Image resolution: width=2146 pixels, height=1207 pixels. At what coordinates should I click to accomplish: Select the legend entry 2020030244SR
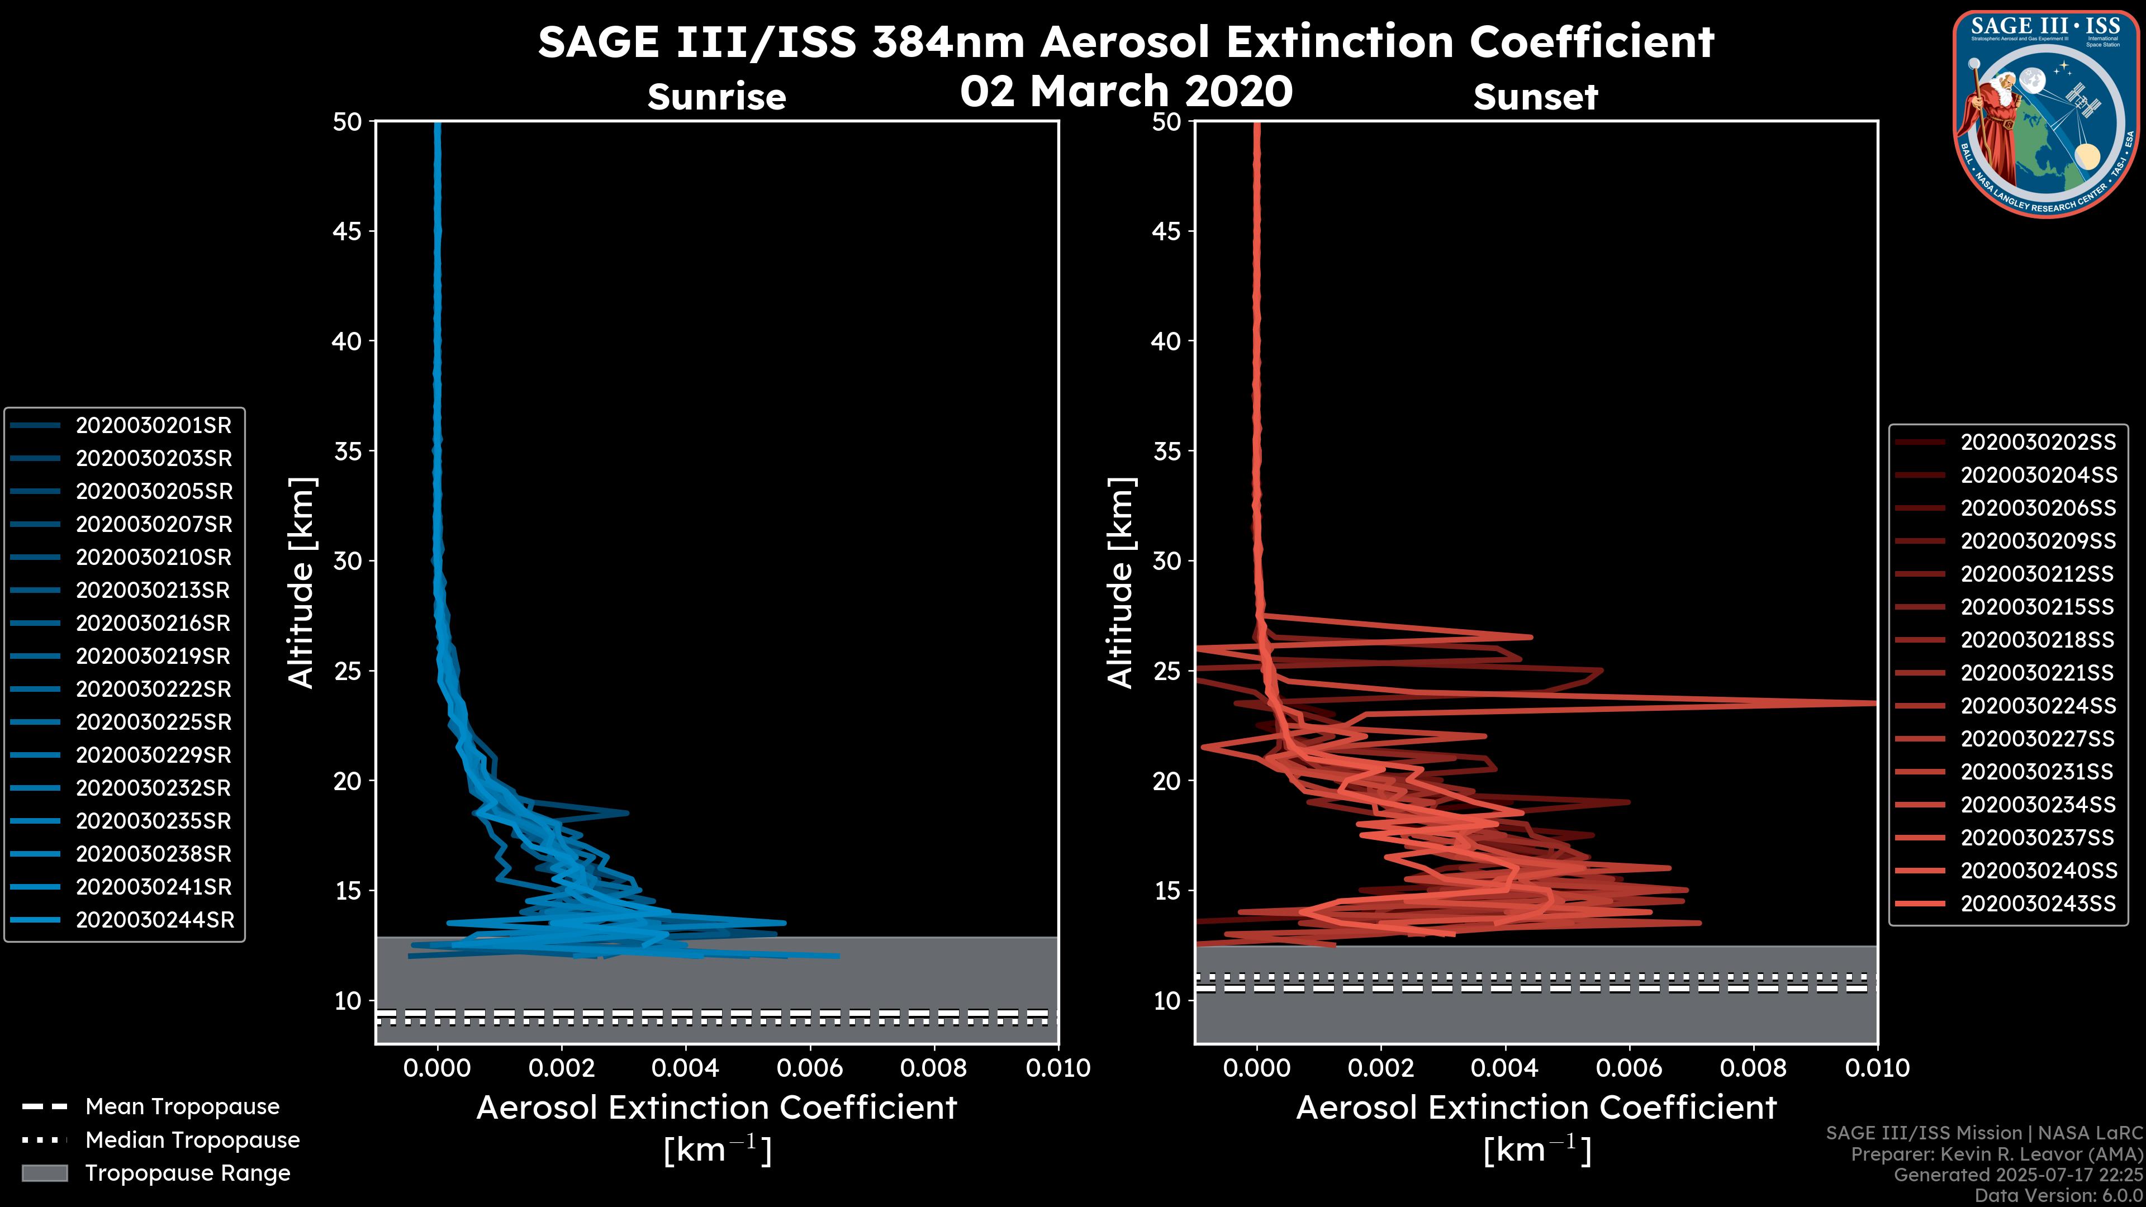pos(155,920)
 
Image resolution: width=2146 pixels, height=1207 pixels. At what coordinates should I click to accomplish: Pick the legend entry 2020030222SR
pos(153,690)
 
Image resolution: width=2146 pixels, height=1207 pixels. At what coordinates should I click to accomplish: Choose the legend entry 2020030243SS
pos(2038,904)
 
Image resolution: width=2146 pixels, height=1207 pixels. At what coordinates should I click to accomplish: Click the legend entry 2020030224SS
pos(2038,706)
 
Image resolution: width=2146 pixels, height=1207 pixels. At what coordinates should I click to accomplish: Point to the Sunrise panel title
pos(716,97)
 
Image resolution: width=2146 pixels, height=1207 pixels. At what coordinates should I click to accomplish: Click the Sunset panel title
pos(1535,97)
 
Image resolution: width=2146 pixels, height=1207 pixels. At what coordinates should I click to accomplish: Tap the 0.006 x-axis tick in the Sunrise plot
pos(809,1068)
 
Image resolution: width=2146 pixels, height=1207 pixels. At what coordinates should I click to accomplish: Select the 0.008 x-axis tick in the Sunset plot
pos(1754,1068)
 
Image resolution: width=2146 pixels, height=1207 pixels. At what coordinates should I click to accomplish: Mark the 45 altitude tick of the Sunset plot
pos(1167,231)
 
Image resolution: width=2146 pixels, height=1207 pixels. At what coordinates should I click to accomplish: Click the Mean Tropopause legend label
pos(182,1107)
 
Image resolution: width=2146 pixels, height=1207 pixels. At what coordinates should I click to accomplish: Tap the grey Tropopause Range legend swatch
pos(44,1173)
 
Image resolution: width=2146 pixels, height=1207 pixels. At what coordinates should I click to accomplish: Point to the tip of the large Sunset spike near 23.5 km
pos(1874,703)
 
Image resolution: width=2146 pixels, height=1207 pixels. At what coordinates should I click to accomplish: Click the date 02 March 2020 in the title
pos(1126,92)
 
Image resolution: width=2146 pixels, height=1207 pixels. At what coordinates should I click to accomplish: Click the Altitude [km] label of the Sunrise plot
pos(302,583)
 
